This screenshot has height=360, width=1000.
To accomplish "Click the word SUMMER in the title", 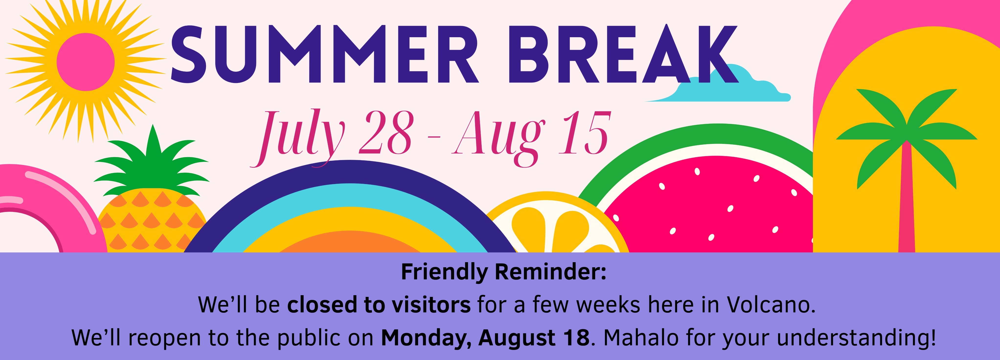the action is tap(324, 54).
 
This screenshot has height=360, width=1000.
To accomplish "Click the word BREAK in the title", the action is tap(628, 54).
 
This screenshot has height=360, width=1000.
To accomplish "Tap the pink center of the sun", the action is tap(86, 62).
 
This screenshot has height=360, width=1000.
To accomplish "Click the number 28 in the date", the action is tap(385, 133).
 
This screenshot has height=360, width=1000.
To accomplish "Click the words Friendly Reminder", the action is tap(503, 272).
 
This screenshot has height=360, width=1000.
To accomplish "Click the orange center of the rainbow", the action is tap(349, 243).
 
